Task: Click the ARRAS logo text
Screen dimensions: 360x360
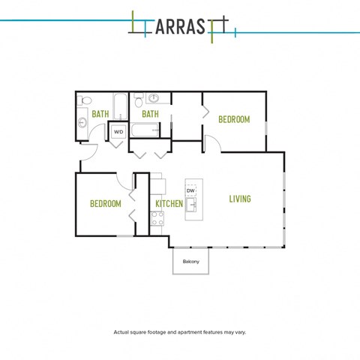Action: point(180,26)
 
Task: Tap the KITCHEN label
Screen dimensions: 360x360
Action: point(169,204)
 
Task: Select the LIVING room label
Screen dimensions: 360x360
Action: point(240,199)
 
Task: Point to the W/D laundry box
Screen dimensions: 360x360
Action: point(118,132)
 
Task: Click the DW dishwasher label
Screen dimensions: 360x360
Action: point(190,190)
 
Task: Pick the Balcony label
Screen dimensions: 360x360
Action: point(191,262)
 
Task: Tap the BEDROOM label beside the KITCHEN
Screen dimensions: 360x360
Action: point(106,204)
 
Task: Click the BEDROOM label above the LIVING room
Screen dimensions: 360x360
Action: point(234,119)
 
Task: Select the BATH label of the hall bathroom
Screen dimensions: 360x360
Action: point(100,114)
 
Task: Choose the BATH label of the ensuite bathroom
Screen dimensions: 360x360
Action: point(150,114)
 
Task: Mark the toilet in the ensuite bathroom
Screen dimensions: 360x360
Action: point(138,100)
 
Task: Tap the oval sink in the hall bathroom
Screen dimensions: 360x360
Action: point(82,122)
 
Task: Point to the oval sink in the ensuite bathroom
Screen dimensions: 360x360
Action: point(154,98)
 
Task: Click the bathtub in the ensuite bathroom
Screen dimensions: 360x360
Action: point(145,130)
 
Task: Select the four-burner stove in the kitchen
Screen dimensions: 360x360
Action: point(157,218)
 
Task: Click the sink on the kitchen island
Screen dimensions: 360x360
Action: point(191,205)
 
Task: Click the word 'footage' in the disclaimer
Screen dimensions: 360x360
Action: point(157,332)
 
